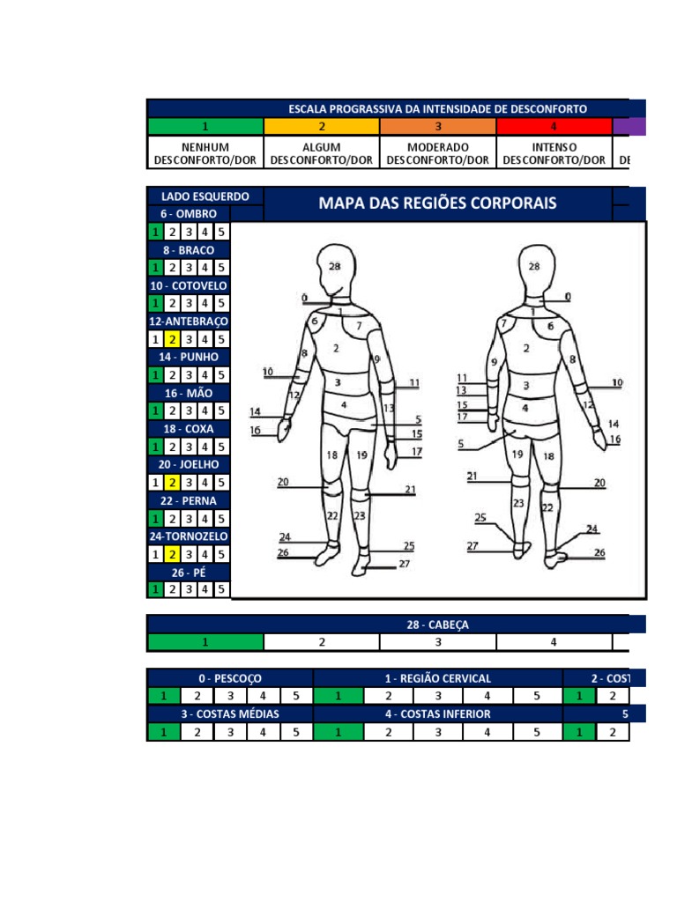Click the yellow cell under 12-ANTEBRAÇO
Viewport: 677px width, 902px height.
173,339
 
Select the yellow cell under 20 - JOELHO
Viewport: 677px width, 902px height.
173,483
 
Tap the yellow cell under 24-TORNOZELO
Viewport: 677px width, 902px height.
173,554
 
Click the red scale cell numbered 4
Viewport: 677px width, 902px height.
554,126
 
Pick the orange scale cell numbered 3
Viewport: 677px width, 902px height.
438,126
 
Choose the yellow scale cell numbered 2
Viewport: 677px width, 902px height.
322,126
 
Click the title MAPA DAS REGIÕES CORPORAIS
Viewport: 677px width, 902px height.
437,203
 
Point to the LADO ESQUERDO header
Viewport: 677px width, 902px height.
205,196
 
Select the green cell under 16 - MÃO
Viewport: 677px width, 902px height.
156,410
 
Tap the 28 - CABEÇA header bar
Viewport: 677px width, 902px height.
437,625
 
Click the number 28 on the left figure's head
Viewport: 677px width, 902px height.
334,266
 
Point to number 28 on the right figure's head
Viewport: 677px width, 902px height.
533,266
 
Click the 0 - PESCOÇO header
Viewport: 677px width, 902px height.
230,678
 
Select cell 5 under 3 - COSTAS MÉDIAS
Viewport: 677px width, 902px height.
296,731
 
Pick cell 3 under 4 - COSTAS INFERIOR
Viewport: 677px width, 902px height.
438,731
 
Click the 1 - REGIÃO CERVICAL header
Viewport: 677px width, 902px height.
437,678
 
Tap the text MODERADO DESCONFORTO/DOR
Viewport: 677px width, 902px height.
437,153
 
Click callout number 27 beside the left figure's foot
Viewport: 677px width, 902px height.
404,564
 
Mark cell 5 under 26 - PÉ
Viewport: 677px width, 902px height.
222,589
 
